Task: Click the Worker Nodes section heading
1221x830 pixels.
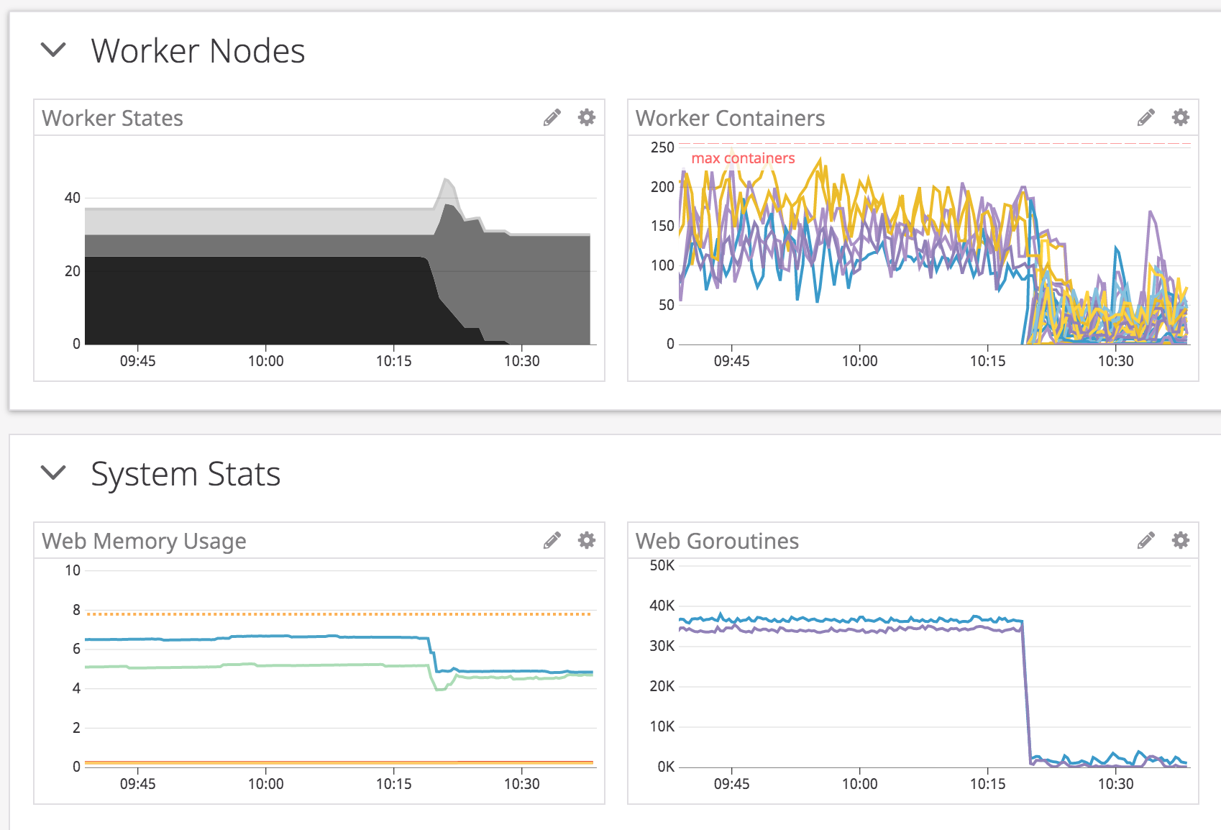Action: [198, 51]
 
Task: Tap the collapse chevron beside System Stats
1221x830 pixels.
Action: [53, 473]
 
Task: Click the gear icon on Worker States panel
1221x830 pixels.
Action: [587, 117]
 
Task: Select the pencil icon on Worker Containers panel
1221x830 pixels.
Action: [1146, 117]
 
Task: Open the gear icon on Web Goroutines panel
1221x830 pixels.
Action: [1181, 540]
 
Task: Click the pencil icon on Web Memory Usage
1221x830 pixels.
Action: [552, 540]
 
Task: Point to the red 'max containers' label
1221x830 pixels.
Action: [743, 158]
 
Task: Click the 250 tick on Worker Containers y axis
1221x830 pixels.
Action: [662, 147]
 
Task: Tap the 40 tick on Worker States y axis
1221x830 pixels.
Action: [73, 198]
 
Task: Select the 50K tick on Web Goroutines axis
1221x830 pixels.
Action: [662, 565]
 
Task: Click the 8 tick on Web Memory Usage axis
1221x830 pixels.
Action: [76, 610]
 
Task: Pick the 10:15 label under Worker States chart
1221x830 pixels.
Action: [394, 361]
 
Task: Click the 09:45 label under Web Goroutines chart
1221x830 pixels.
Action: [731, 784]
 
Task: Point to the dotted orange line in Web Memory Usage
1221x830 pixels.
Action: [338, 614]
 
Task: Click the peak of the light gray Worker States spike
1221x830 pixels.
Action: [447, 178]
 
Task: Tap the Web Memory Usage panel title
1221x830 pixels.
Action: [144, 541]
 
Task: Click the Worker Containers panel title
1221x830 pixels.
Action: [730, 118]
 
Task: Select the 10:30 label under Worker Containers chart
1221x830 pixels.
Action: [1115, 361]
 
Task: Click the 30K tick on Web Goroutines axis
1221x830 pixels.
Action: [662, 646]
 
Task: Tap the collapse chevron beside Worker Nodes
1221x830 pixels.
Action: [53, 50]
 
